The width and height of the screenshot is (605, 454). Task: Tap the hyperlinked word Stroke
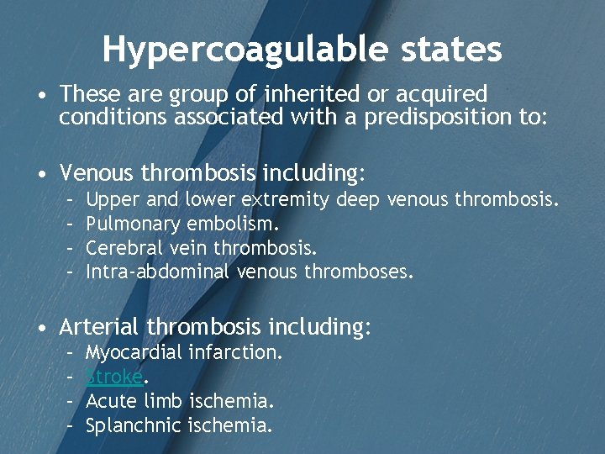tap(113, 377)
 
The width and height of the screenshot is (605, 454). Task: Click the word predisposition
tap(439, 117)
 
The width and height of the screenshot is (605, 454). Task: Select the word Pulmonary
tap(133, 224)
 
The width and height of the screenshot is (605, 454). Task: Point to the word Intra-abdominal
tap(157, 272)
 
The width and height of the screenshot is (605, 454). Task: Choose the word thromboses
tap(359, 272)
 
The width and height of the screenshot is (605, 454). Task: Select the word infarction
tap(236, 352)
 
